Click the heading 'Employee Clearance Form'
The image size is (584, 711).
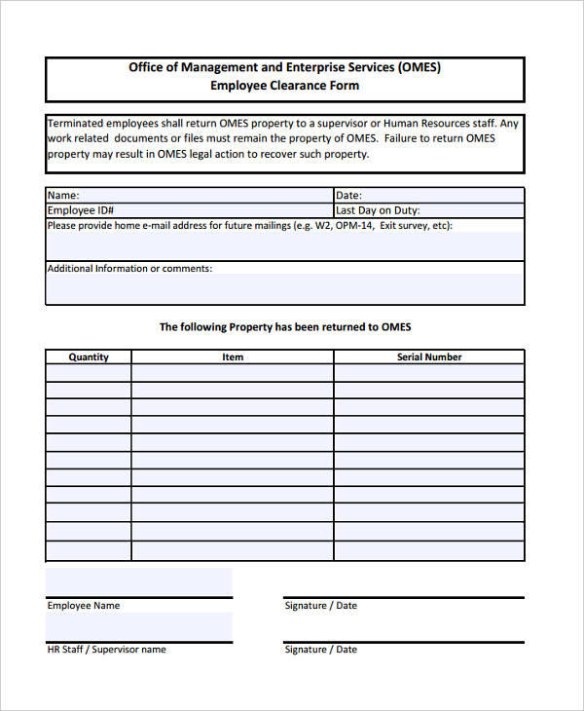coord(284,86)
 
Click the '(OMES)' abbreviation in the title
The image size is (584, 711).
coord(419,67)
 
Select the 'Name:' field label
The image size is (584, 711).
coord(63,195)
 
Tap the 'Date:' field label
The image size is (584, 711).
coord(348,195)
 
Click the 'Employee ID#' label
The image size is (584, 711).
coord(81,210)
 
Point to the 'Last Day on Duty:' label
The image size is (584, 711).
coord(378,210)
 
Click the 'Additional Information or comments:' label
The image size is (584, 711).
coord(129,269)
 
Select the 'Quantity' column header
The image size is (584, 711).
coord(89,357)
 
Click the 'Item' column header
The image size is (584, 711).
coord(233,357)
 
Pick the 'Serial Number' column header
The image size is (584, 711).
coord(429,357)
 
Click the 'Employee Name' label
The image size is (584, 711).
coord(84,606)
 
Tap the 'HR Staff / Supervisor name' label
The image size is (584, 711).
coord(107,650)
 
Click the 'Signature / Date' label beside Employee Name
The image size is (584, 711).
coord(320,606)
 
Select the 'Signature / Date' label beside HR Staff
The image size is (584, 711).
coord(320,650)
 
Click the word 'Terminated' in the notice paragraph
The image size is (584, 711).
coord(75,124)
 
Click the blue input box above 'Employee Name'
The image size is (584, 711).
coord(139,582)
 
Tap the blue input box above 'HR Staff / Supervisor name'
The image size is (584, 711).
coord(139,627)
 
